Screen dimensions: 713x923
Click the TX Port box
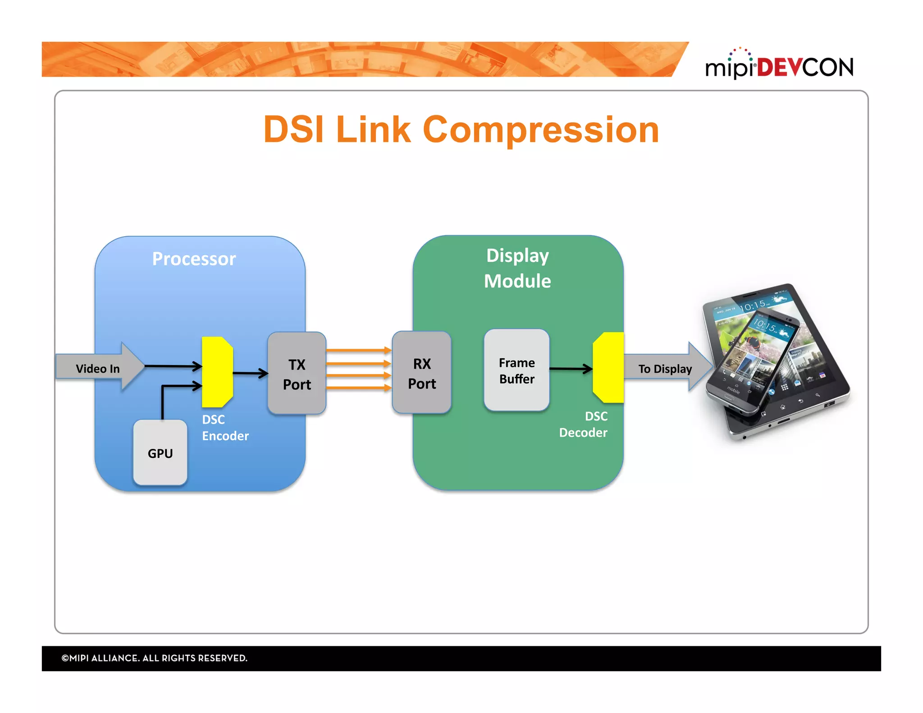point(297,373)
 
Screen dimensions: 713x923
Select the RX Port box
point(421,373)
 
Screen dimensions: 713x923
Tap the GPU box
point(160,453)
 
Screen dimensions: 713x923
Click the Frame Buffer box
point(516,370)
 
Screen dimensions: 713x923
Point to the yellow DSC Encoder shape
point(217,372)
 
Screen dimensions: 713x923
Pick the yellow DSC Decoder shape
point(609,368)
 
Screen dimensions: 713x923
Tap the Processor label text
point(194,259)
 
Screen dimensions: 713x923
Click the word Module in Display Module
point(517,281)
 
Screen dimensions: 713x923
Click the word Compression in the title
point(541,130)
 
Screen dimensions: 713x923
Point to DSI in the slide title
point(293,130)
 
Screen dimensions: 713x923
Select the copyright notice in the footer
point(154,658)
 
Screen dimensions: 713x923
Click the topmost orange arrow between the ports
point(358,350)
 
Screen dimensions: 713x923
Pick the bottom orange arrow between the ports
point(358,388)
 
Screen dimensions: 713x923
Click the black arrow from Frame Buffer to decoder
point(570,369)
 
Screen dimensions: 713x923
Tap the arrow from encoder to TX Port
point(250,373)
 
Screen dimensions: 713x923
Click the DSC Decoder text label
point(584,425)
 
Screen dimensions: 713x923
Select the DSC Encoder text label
point(225,428)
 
